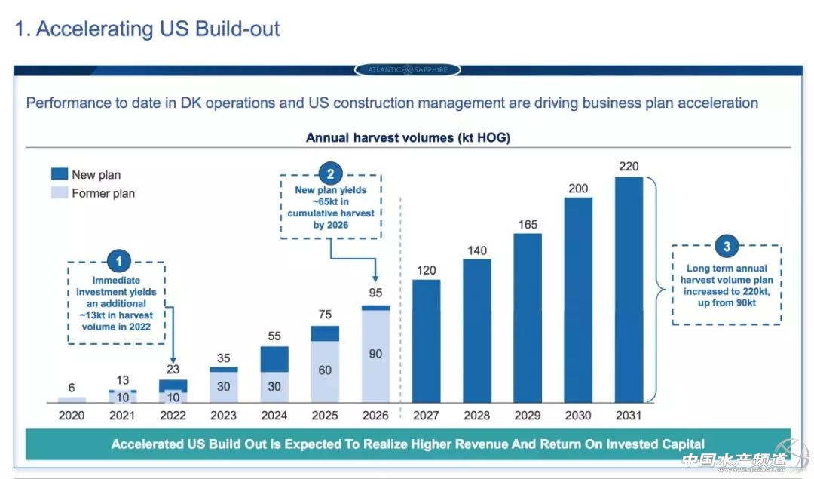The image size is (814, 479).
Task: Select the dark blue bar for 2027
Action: [426, 340]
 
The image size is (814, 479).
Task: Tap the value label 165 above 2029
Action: [528, 224]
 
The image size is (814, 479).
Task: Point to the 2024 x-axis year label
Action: [274, 415]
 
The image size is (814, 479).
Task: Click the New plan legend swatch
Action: [60, 174]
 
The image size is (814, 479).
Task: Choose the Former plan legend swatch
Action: [60, 193]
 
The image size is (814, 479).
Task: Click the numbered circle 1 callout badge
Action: [118, 262]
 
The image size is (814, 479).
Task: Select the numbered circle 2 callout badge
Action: [330, 171]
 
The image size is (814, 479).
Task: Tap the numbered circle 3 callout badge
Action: [727, 247]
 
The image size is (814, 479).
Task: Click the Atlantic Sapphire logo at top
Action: [407, 70]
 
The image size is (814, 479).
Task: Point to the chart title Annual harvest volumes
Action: [408, 137]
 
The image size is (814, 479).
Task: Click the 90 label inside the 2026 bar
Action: [375, 354]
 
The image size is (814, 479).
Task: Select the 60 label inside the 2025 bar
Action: [325, 370]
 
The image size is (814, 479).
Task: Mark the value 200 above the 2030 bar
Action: [578, 188]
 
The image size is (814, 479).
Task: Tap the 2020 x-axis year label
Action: [72, 415]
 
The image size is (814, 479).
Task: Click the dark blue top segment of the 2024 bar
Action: [274, 359]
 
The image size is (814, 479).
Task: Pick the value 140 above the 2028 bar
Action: [477, 250]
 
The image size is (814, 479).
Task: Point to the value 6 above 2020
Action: [72, 388]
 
